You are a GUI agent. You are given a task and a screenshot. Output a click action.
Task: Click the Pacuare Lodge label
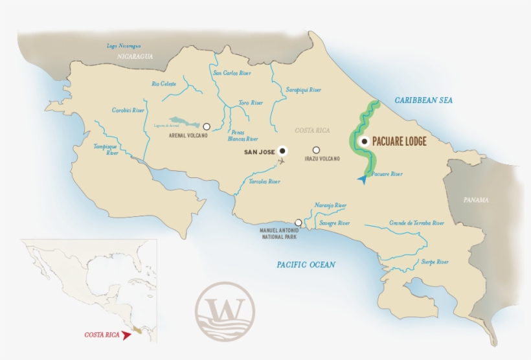[399, 141]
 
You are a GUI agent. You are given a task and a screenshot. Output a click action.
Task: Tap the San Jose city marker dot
[282, 151]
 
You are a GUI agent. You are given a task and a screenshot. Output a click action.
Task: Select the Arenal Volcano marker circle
[207, 126]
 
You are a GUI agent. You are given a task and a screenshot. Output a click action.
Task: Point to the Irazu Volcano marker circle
[316, 150]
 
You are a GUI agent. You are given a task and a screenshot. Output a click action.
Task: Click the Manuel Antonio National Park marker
[298, 222]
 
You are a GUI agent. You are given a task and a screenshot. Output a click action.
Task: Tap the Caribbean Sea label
[424, 100]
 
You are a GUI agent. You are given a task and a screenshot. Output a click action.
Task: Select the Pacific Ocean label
[306, 264]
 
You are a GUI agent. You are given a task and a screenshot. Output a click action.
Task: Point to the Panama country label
[477, 200]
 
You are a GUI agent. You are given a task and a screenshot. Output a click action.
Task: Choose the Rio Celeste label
[164, 84]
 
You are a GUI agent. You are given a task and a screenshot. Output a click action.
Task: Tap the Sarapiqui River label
[304, 90]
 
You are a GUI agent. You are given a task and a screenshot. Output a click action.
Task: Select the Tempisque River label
[106, 150]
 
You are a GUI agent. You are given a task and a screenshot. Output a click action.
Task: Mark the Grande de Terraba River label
[417, 223]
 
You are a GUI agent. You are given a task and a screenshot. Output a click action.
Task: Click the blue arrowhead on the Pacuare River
[362, 179]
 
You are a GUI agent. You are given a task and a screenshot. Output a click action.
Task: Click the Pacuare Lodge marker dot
[365, 141]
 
